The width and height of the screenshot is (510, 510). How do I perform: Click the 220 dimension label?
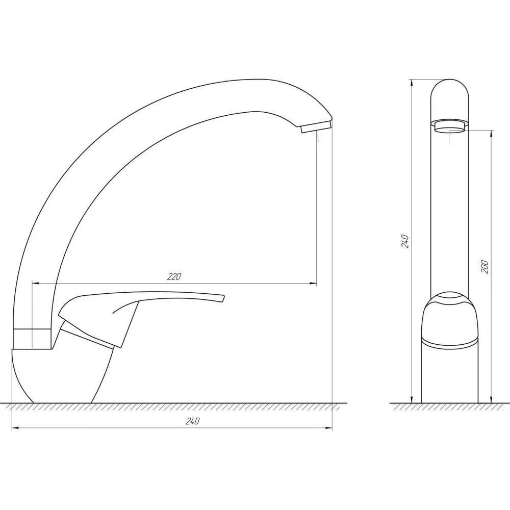[x=174, y=277]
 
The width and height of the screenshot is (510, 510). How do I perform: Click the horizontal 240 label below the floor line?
[x=192, y=421]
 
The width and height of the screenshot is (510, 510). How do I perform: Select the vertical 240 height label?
[x=405, y=241]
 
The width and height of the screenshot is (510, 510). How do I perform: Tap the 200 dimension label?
[x=484, y=267]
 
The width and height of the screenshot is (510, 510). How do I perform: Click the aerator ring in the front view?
[x=450, y=126]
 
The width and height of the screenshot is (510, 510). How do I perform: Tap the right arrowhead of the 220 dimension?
[x=313, y=284]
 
